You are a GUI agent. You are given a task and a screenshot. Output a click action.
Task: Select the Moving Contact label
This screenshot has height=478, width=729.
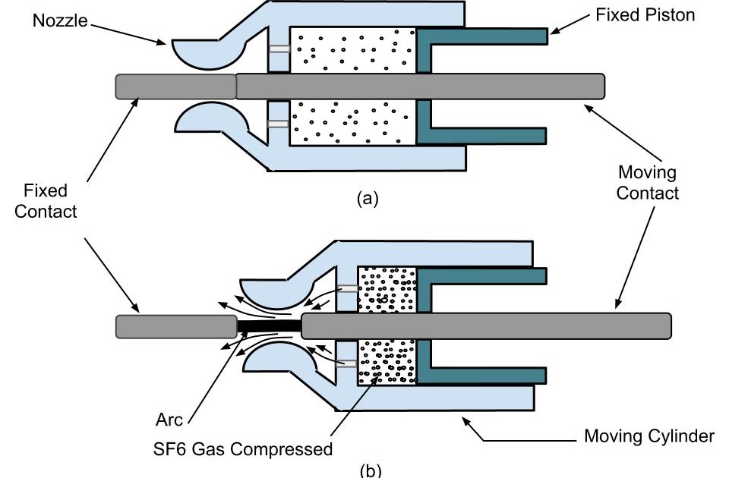(x=647, y=183)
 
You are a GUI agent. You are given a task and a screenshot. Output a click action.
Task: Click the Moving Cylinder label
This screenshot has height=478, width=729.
(x=648, y=436)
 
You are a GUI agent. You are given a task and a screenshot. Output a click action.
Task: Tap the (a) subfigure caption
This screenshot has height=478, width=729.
(x=367, y=199)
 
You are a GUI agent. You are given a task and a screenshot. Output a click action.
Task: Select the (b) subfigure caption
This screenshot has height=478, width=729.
(x=367, y=469)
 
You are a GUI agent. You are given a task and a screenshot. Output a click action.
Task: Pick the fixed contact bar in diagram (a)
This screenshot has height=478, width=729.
(x=175, y=86)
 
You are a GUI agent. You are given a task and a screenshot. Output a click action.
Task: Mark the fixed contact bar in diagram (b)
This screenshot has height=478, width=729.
(x=175, y=326)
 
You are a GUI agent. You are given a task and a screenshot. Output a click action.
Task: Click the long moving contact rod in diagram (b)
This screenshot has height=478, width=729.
(x=486, y=325)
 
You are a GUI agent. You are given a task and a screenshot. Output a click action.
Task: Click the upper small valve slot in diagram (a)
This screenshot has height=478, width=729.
(x=279, y=50)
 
